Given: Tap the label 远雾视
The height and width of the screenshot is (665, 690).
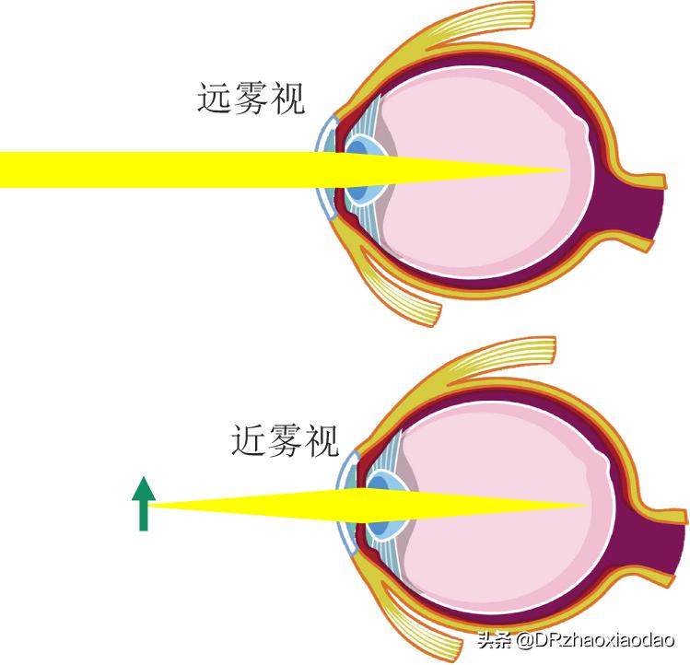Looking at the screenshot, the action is point(251,99).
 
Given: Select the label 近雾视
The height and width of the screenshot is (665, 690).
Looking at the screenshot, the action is point(285,441).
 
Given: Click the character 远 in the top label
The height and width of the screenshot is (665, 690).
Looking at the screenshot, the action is point(215,99).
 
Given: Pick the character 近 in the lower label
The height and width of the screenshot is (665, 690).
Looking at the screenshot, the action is point(249,441).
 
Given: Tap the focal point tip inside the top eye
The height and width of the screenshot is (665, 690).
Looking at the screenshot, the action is point(564,169).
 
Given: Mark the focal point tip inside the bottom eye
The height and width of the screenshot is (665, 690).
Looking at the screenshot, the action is point(586,505).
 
